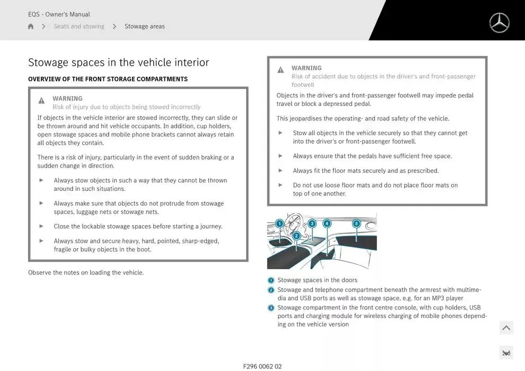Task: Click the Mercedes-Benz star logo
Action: pos(499,23)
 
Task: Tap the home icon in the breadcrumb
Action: pos(31,26)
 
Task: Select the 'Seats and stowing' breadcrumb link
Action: pos(79,26)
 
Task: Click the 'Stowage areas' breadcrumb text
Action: pos(144,26)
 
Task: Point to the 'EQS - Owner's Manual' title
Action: pos(59,14)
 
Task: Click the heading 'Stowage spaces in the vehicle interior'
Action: pos(118,63)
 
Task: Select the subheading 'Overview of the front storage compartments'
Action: pos(108,79)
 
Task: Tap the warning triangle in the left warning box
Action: pos(41,101)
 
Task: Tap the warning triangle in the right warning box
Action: pos(281,70)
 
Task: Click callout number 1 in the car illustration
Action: pos(279,224)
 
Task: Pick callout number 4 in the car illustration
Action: pos(327,224)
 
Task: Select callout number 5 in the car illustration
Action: pos(356,224)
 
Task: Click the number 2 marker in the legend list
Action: pos(271,290)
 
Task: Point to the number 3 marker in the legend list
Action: pos(271,308)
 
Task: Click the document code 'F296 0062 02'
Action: pos(262,366)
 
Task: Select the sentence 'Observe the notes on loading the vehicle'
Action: pos(86,273)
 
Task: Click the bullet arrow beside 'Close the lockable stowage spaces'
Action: pos(41,226)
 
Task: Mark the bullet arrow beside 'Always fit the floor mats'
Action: pos(281,170)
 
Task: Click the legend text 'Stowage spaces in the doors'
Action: pos(317,280)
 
